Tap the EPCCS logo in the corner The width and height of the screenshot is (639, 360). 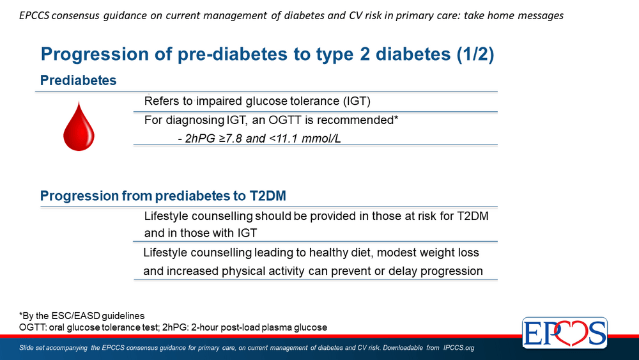coord(564,333)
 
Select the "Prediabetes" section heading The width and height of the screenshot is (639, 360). coord(78,81)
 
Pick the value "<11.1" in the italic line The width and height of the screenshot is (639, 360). coord(284,139)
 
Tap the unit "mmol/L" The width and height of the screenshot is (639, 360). coord(321,139)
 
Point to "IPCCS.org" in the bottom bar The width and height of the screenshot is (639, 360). coord(459,348)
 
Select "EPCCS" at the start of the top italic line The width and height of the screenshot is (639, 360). coord(34,15)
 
